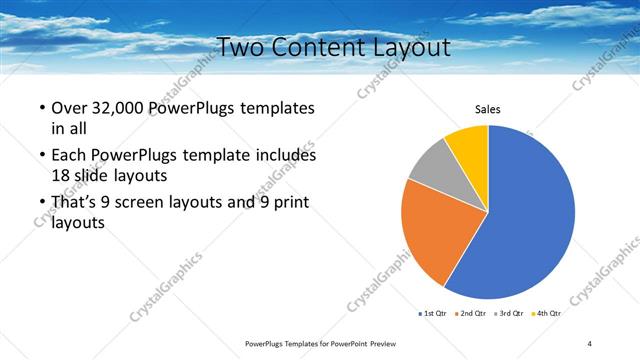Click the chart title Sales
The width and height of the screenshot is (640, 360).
pyautogui.click(x=487, y=110)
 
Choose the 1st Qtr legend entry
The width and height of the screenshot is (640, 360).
pyautogui.click(x=432, y=313)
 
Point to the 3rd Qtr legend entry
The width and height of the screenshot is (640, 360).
pyautogui.click(x=511, y=313)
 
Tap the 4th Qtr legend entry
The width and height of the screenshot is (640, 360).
pyautogui.click(x=549, y=313)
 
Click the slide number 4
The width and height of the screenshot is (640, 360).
pyautogui.click(x=590, y=343)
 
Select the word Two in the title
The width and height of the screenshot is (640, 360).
pyautogui.click(x=241, y=47)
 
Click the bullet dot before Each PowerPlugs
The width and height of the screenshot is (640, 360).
pyautogui.click(x=41, y=157)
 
